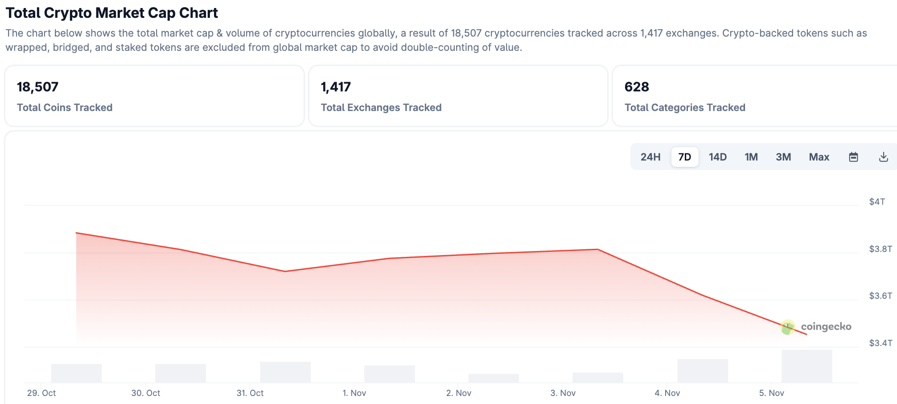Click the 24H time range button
(650, 157)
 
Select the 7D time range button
(684, 157)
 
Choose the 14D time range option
(717, 157)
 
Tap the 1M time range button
(751, 157)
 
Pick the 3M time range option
(783, 157)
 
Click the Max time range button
(819, 157)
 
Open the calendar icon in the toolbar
(853, 157)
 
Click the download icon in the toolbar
(883, 157)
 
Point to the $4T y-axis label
(877, 202)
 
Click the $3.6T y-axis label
(881, 296)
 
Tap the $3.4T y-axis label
(881, 343)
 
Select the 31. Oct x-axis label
(250, 393)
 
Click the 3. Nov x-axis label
(563, 393)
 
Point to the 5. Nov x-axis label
(771, 393)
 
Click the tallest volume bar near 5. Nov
(806, 366)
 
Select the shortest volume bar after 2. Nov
(494, 378)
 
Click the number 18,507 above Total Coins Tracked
(37, 87)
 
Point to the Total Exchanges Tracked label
(381, 107)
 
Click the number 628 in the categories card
(636, 87)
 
